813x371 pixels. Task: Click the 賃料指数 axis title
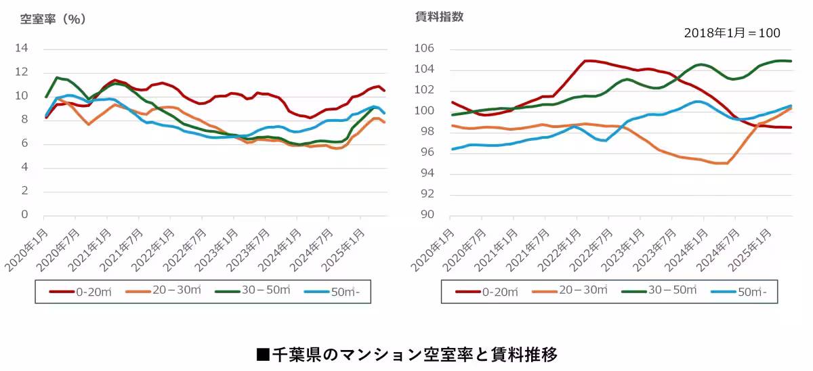(x=439, y=18)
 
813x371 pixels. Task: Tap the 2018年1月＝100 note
(x=732, y=33)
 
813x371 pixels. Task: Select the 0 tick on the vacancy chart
(x=25, y=215)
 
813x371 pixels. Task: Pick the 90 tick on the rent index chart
(x=426, y=215)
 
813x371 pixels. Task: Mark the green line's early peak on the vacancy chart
(x=57, y=78)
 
